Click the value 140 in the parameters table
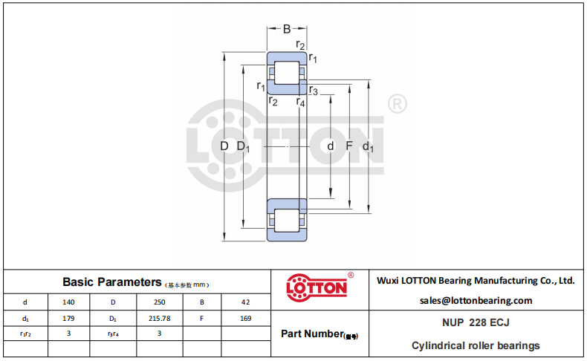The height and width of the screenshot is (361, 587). (68, 302)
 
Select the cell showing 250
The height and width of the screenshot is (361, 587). (160, 302)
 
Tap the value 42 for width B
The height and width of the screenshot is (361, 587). (246, 302)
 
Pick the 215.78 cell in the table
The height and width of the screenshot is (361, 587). (160, 319)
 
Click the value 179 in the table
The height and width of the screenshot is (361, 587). (68, 319)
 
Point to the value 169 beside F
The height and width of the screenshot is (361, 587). (246, 319)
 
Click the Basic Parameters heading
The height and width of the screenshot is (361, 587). (112, 282)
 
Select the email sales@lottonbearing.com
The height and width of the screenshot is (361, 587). (476, 300)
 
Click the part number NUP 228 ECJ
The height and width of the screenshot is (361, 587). (476, 322)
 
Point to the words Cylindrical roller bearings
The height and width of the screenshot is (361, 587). (476, 345)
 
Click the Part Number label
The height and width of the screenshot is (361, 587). (312, 334)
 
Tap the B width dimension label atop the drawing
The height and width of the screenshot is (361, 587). (287, 29)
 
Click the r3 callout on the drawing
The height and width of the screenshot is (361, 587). (314, 91)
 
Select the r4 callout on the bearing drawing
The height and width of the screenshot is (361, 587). (301, 102)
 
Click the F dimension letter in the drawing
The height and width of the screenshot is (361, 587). (349, 146)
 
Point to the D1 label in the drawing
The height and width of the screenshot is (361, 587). (243, 146)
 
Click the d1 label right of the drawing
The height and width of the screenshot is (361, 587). (368, 146)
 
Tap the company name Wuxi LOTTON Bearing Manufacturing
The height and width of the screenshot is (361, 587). (476, 281)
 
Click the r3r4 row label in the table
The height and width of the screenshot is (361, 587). (113, 334)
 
